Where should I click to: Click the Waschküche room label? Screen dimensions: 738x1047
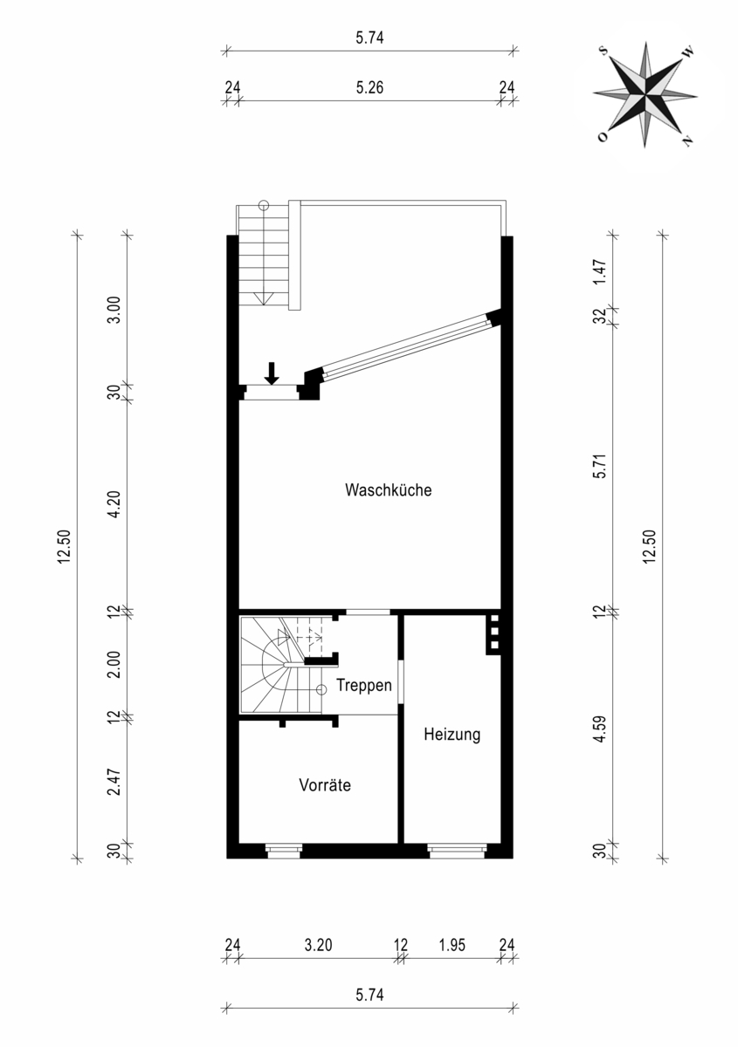pos(388,489)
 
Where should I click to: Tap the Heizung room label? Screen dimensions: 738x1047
pos(452,735)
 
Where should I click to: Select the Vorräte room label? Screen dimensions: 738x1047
pos(325,784)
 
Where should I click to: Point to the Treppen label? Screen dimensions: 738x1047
pos(364,686)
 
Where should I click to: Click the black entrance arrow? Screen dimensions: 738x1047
pos(272,373)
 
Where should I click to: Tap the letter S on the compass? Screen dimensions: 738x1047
pos(604,51)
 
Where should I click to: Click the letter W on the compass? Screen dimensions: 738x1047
pos(688,53)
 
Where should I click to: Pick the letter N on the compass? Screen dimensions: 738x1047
pos(687,140)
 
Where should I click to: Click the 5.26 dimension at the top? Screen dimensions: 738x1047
pos(369,87)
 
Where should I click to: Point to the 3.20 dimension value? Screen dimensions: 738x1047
pos(318,946)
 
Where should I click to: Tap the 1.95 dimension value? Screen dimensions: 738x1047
pos(452,946)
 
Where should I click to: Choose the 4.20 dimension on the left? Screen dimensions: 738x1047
pos(114,504)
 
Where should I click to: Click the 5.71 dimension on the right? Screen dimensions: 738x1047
pos(600,466)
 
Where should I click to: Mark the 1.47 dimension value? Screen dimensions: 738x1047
pos(600,271)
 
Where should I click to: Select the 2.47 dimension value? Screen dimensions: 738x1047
pos(114,782)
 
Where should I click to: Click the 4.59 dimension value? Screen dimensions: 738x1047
pos(600,729)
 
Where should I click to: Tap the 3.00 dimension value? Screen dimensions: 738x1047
pos(114,310)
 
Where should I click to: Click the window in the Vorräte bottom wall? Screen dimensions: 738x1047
pos(284,851)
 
